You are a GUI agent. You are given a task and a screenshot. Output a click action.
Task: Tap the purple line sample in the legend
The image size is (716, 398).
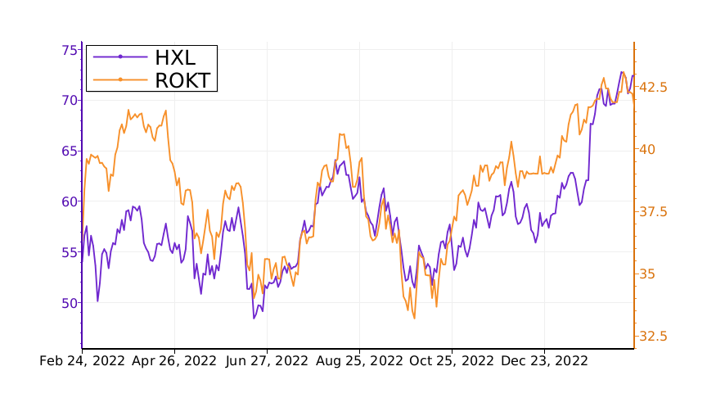(x=120, y=57)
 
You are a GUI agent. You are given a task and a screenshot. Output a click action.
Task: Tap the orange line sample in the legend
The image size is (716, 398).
(x=120, y=79)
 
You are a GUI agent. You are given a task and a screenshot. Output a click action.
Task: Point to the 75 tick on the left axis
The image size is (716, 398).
(x=69, y=50)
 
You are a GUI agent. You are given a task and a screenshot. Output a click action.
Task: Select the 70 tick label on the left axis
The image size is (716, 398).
(x=69, y=101)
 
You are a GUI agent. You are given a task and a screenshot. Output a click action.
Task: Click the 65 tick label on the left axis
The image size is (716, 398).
(x=69, y=152)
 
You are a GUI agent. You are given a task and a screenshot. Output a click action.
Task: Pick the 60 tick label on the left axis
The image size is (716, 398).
(x=69, y=201)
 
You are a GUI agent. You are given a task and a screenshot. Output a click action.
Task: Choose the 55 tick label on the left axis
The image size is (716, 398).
(x=69, y=252)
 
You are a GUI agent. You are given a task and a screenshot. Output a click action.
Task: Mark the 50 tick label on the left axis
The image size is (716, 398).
(x=69, y=303)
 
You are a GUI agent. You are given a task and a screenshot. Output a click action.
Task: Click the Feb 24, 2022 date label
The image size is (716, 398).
(x=83, y=361)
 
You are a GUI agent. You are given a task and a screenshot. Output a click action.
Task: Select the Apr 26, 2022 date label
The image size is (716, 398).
(x=173, y=361)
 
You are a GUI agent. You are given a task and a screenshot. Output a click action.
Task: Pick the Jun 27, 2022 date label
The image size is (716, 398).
(x=266, y=361)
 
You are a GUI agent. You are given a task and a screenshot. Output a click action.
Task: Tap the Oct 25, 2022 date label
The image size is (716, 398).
(x=451, y=361)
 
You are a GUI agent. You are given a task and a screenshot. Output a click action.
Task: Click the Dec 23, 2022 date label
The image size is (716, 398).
(x=543, y=361)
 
